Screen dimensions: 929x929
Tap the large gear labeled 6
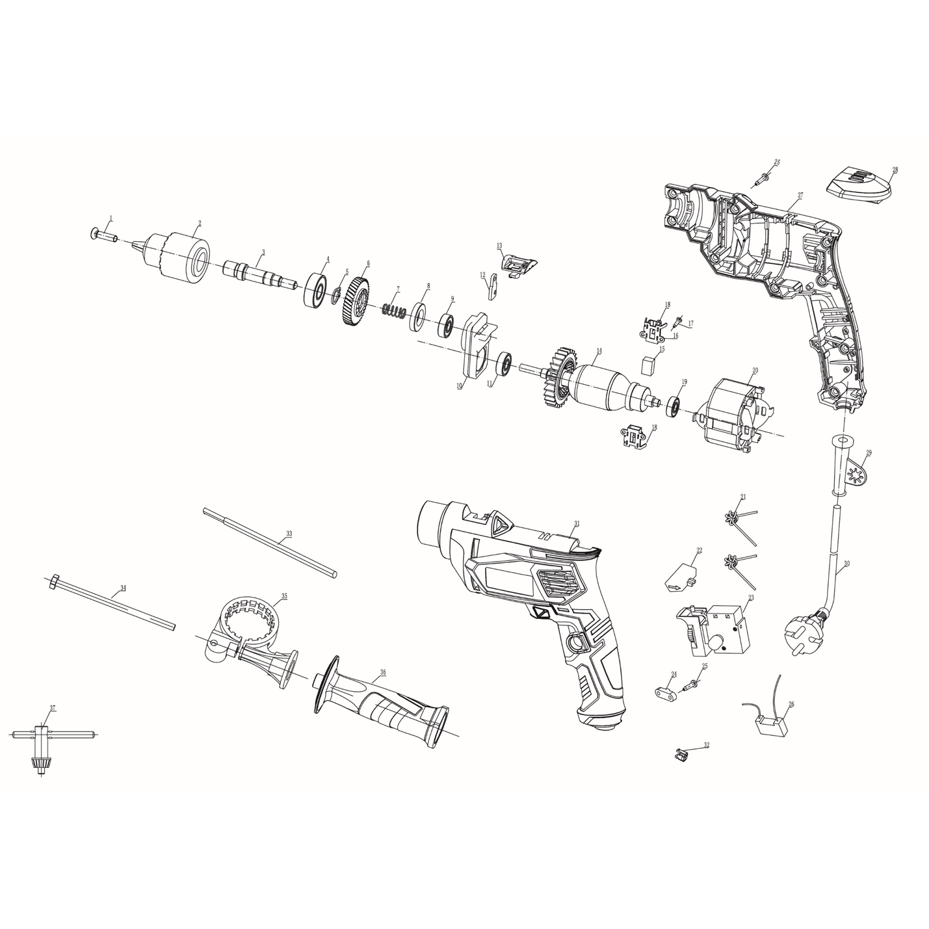355,302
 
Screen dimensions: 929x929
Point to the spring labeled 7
394,310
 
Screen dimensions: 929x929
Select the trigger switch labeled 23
715,628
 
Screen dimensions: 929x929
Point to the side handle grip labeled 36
384,705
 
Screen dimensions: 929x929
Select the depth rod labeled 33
270,542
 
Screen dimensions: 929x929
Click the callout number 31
576,523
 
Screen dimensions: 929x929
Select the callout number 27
800,195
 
